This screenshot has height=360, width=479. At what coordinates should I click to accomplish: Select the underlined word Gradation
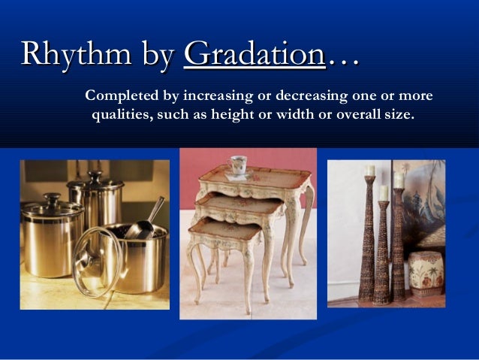point(254,55)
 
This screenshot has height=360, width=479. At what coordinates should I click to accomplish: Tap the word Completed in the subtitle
point(121,98)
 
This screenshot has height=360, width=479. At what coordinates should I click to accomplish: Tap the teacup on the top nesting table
point(238,165)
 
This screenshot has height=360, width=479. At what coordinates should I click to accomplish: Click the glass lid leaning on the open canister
point(97,259)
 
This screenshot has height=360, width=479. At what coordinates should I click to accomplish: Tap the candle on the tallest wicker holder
point(369,170)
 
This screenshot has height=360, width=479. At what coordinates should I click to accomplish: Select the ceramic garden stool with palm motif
point(425,274)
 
